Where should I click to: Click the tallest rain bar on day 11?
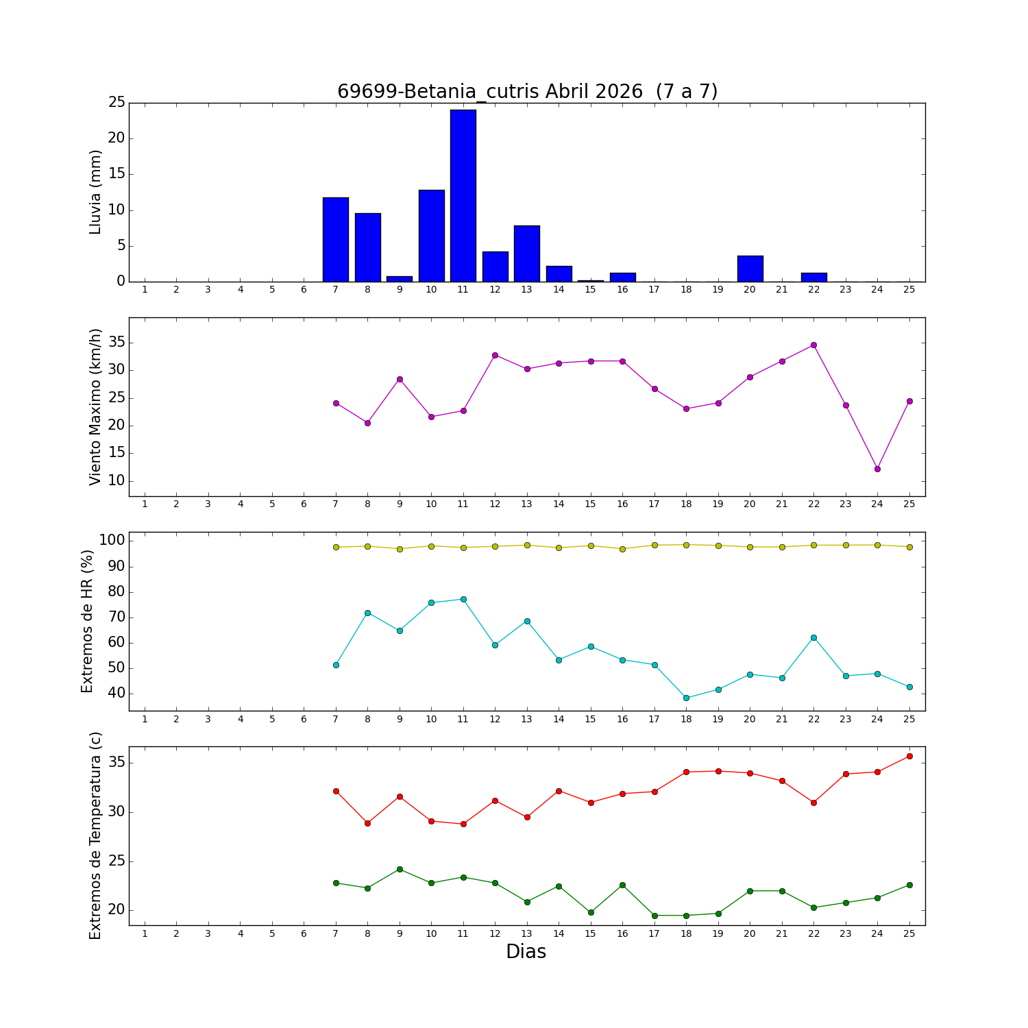tap(463, 195)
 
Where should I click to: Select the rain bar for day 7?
tap(336, 239)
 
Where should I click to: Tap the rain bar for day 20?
tap(750, 269)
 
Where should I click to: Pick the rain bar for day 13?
tap(527, 254)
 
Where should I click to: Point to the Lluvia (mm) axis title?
tap(95, 192)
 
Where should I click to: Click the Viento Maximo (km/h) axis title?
tap(95, 407)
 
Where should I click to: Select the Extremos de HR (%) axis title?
tap(87, 621)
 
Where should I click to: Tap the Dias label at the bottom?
tap(526, 951)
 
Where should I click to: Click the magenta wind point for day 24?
tap(877, 469)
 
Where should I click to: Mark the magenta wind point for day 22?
tap(813, 345)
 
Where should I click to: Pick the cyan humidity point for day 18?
tap(686, 698)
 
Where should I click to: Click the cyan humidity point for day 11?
tap(463, 599)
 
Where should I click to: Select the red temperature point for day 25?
tap(909, 756)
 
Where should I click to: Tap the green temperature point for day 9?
tap(400, 869)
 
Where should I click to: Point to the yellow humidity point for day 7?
tap(336, 547)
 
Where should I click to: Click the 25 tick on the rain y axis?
tap(117, 103)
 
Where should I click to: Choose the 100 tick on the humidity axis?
tap(112, 541)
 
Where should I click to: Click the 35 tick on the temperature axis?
tap(117, 763)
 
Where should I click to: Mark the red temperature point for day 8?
tap(367, 823)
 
